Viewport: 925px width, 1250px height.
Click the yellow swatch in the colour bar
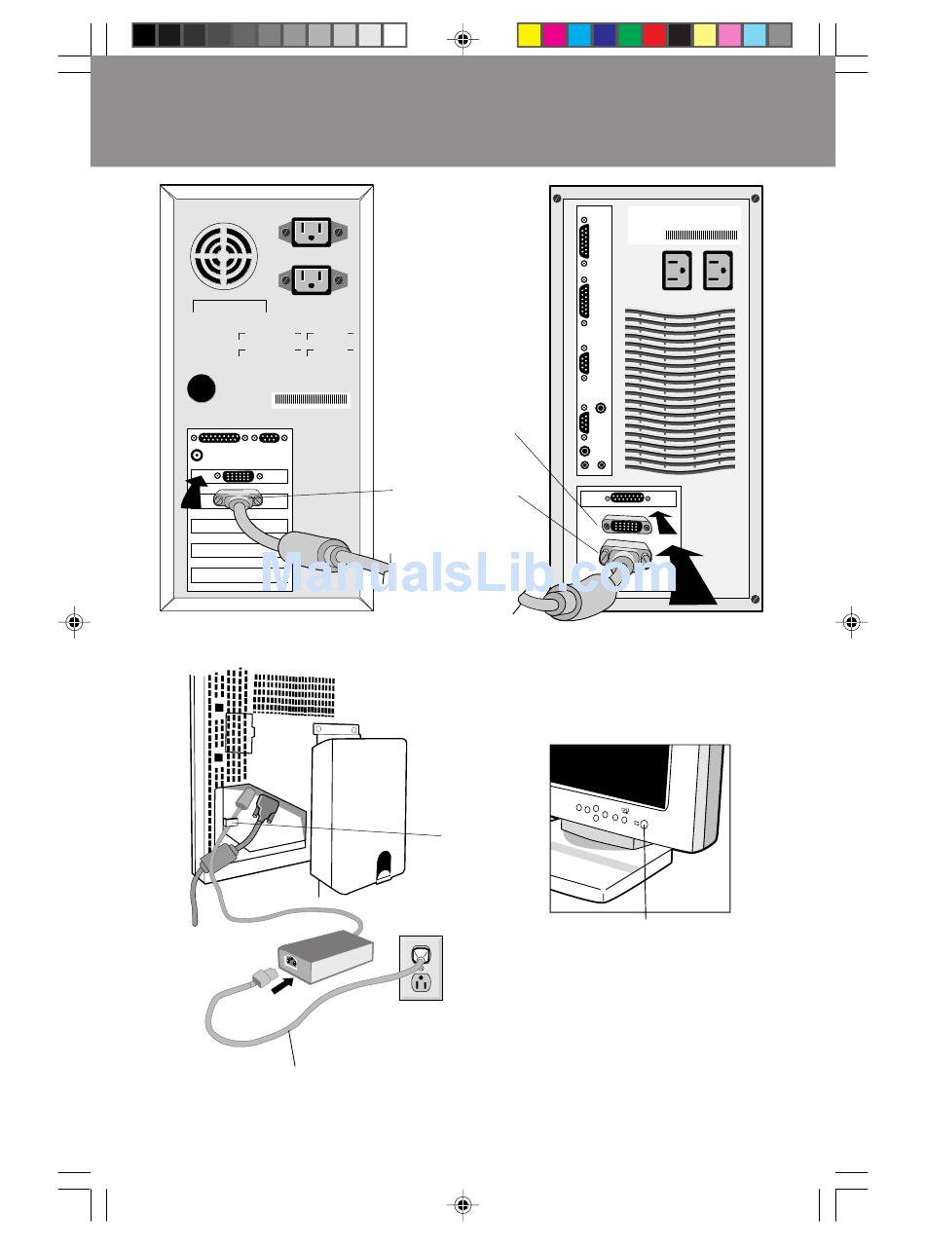pyautogui.click(x=529, y=36)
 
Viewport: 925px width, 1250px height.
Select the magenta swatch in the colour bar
pyautogui.click(x=554, y=36)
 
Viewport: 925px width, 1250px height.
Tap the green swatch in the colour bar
pyautogui.click(x=630, y=36)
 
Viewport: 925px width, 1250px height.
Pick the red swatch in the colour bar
pyautogui.click(x=654, y=36)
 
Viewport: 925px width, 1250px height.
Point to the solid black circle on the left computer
pyautogui.click(x=202, y=388)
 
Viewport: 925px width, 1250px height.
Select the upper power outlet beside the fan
pyautogui.click(x=313, y=232)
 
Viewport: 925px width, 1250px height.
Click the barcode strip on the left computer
pyautogui.click(x=311, y=399)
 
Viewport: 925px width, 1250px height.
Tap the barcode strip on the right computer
pyautogui.click(x=701, y=235)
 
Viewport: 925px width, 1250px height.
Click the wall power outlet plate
pyautogui.click(x=421, y=968)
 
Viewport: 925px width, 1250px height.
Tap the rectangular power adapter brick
pyautogui.click(x=326, y=955)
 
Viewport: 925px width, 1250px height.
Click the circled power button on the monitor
pyautogui.click(x=645, y=824)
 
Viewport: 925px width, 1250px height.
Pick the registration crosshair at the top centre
pyautogui.click(x=462, y=39)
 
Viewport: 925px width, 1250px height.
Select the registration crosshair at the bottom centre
pyautogui.click(x=462, y=1205)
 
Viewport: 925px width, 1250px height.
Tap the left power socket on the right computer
pyautogui.click(x=677, y=272)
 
